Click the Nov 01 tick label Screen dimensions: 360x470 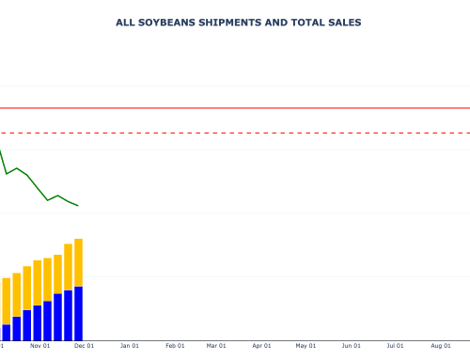point(39,346)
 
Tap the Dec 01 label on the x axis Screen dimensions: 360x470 point(84,346)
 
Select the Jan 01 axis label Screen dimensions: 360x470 point(130,346)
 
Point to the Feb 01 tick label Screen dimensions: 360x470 point(175,346)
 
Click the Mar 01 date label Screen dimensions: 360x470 point(216,346)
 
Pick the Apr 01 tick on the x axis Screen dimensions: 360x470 point(261,346)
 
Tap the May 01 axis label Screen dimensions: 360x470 point(305,346)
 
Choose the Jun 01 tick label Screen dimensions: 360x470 point(351,346)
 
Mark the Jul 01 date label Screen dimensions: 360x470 point(395,346)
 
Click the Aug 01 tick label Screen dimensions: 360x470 point(440,346)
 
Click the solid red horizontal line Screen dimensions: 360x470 point(235,109)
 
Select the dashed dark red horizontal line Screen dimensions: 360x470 point(235,133)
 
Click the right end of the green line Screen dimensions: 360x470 point(78,205)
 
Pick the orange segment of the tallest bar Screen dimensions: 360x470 point(79,262)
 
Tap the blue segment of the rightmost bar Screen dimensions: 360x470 point(79,313)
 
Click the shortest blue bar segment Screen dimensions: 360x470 point(7,332)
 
